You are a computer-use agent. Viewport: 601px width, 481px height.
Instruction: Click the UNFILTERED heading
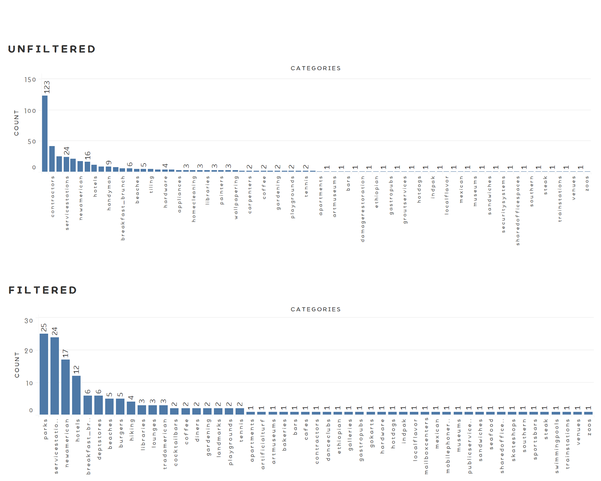52,49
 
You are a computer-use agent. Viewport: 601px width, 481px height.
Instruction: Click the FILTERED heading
43,290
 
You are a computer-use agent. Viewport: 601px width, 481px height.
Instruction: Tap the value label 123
47,87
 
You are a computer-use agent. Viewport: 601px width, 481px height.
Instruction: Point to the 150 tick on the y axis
30,80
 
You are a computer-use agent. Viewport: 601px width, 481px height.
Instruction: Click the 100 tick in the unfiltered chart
30,111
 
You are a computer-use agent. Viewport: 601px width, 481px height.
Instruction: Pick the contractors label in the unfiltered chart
53,196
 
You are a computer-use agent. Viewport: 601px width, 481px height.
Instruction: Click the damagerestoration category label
362,209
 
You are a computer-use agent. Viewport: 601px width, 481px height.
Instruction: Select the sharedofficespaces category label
517,210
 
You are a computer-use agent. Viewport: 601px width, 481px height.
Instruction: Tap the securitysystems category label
503,204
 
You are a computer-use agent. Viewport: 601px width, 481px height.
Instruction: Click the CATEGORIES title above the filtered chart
316,309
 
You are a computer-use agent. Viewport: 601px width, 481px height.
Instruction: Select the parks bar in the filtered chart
44,374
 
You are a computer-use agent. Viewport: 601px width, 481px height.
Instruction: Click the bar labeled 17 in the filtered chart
65,387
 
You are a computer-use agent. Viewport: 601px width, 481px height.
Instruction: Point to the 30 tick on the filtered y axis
28,321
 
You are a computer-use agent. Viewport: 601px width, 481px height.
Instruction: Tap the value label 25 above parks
44,327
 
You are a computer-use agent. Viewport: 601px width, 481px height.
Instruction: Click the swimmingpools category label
557,446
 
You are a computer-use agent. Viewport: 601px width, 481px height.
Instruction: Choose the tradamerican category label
165,444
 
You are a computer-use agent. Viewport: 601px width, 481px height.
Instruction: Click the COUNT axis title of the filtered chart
17,365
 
